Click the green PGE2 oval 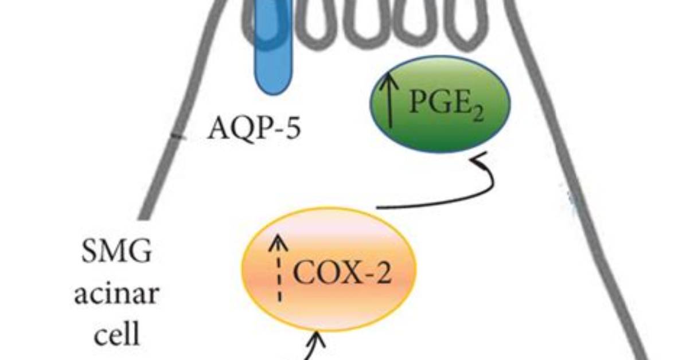point(440,104)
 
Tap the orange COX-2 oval point(329,269)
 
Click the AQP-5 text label point(254,128)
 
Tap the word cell point(117,333)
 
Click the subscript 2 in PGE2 point(478,114)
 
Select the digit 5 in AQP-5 point(293,128)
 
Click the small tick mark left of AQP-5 point(178,138)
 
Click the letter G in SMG point(141,252)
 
